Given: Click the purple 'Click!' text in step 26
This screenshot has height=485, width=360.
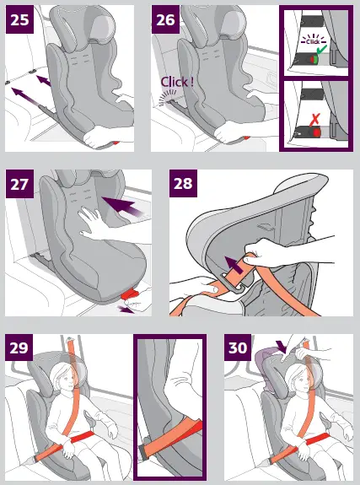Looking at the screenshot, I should pos(173,83).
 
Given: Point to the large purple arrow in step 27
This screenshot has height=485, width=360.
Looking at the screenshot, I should pos(119,202).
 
